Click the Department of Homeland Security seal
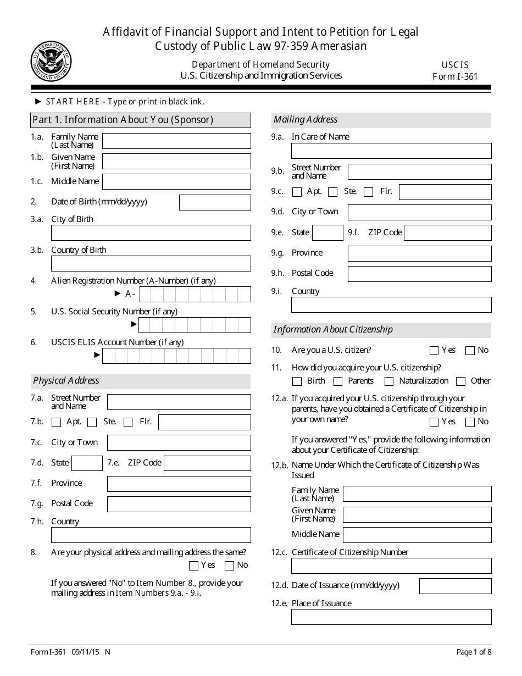coord(51,60)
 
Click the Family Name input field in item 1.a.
coord(176,141)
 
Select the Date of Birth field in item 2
coord(215,202)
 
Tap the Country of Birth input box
coord(151,263)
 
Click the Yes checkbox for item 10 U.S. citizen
coord(434,351)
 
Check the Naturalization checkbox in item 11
coord(389,381)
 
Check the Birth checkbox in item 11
coord(297,381)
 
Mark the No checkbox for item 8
coord(230,566)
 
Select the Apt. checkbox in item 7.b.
coord(56,423)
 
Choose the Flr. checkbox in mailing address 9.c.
coord(369,192)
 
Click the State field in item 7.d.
coord(87,463)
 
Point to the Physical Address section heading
coord(66,380)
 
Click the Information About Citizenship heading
coord(333,330)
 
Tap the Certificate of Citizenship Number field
coord(391,566)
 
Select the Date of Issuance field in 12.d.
coord(455,586)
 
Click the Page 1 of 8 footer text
coord(474,652)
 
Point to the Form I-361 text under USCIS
coord(455,76)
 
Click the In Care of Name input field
coord(391,151)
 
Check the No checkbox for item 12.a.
coord(470,422)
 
